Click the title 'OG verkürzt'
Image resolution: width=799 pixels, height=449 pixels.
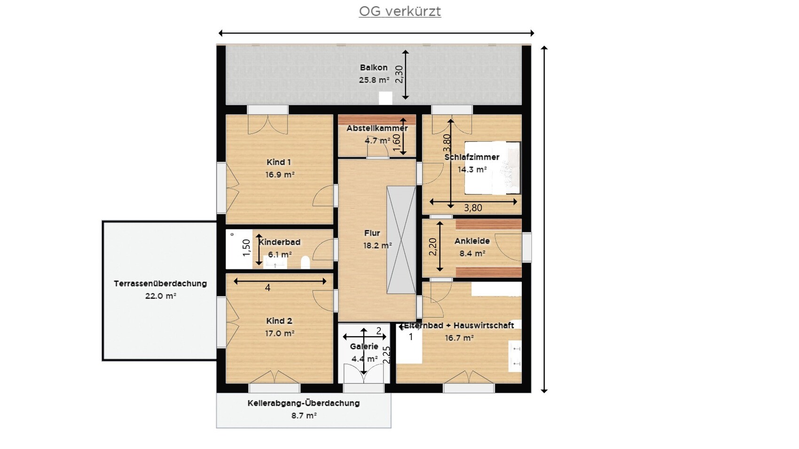point(400,11)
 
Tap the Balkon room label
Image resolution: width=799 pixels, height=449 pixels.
point(374,68)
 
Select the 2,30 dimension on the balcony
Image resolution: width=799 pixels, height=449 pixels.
point(399,75)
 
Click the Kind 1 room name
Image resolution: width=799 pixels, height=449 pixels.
point(279,163)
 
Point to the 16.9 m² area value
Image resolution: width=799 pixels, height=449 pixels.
point(280,175)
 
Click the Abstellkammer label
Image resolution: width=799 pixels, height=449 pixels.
point(377,128)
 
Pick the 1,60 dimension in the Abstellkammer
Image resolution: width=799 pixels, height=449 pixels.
point(396,142)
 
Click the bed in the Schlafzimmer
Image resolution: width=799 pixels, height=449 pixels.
point(492,168)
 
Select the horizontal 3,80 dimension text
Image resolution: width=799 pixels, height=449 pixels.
point(473,208)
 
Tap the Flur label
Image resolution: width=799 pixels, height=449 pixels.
point(372,233)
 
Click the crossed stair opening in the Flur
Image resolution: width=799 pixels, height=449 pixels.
point(401,240)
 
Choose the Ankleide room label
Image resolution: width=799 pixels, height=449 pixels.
point(472,241)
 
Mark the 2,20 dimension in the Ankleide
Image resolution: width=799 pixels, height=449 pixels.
point(433,247)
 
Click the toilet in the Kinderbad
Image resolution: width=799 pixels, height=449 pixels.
point(305,263)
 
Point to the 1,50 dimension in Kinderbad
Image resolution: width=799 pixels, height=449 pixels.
point(246,248)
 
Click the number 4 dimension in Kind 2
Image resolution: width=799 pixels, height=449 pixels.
point(267,288)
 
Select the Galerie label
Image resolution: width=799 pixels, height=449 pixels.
point(364,346)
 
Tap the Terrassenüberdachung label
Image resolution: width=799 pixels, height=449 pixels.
point(160,284)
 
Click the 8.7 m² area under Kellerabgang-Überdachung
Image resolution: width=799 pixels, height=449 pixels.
point(304,416)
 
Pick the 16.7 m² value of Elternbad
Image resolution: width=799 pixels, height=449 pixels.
point(459,338)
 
